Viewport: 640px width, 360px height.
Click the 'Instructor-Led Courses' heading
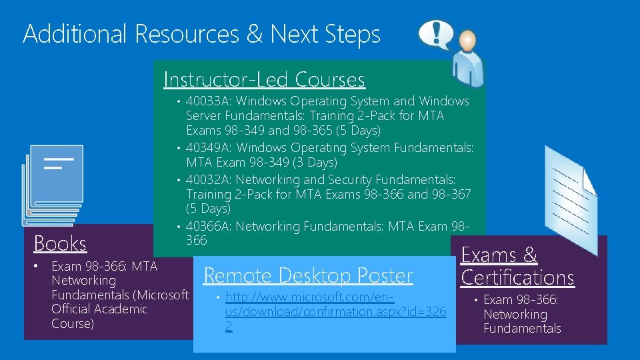coord(264,79)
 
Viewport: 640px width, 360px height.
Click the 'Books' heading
coord(60,243)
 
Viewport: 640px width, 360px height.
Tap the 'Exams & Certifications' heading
coord(517,266)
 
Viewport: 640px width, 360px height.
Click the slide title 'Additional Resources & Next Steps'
coord(201,34)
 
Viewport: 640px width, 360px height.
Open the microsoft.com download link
coord(335,311)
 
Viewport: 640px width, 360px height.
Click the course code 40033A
coord(207,101)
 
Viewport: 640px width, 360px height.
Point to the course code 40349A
coord(207,147)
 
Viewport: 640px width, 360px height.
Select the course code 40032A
coord(207,179)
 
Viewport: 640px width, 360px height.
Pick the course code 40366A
coord(207,226)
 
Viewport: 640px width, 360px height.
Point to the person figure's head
coord(467,41)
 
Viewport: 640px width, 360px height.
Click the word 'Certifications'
coord(517,277)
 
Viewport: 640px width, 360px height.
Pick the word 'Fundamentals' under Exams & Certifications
coord(522,328)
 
